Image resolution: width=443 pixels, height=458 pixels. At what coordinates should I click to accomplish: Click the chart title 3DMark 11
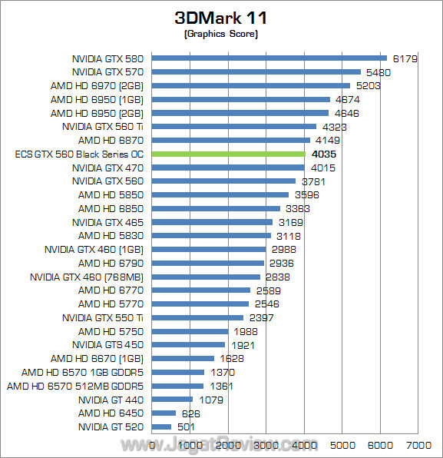coord(221,17)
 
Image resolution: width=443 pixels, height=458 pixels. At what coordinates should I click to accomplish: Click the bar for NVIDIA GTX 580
coord(269,58)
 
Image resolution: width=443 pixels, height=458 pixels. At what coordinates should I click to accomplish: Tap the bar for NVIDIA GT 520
coord(162,426)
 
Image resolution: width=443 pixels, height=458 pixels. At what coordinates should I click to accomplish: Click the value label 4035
coord(323,154)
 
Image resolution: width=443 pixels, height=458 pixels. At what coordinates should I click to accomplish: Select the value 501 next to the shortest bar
coord(187,426)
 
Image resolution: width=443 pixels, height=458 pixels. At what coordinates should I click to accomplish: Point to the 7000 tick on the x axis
coord(418,445)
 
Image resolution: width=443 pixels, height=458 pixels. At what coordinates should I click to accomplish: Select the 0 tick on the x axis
coord(153,445)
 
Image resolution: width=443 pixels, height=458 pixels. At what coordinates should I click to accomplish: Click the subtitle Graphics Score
coord(221,35)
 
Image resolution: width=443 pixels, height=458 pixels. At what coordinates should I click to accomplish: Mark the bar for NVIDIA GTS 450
coord(189,344)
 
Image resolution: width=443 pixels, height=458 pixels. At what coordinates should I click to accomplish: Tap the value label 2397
coord(261,317)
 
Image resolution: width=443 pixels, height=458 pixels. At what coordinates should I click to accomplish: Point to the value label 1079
coord(211,400)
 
